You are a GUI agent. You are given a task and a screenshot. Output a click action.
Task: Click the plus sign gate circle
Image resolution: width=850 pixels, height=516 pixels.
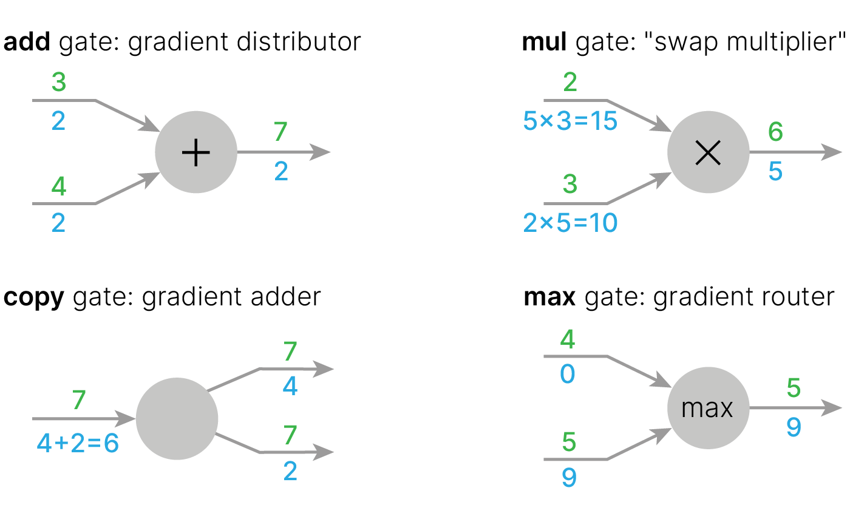[195, 152]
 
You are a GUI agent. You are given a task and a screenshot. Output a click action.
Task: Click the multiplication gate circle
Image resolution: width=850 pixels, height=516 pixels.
[708, 152]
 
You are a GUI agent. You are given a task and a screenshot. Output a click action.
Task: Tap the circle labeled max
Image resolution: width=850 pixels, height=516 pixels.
[708, 409]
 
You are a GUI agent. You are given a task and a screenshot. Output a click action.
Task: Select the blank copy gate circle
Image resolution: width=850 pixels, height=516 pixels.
[177, 418]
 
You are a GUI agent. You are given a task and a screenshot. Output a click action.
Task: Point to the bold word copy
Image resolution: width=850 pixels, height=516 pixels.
[34, 297]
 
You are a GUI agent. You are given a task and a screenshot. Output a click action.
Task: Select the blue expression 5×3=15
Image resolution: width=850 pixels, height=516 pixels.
[570, 121]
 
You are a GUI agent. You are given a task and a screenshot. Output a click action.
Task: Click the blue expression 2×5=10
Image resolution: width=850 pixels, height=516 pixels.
[570, 224]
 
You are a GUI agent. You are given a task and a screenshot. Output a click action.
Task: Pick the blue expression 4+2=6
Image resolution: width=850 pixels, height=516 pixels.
[78, 444]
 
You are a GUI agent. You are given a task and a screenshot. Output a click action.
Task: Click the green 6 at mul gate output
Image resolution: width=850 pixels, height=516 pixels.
[775, 132]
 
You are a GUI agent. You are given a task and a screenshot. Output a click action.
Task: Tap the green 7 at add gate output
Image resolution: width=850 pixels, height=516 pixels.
[280, 132]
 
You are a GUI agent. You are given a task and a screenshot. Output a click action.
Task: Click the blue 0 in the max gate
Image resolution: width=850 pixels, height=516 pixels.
[568, 375]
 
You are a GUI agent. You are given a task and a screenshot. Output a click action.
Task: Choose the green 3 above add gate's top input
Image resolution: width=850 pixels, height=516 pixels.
[58, 83]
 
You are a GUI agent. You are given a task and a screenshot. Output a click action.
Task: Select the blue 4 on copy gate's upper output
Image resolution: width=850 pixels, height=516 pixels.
[290, 387]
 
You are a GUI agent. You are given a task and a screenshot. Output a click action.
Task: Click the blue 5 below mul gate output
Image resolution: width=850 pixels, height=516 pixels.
[775, 172]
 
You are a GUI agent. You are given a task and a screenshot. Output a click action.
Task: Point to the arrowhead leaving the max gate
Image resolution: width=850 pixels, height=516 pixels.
[832, 409]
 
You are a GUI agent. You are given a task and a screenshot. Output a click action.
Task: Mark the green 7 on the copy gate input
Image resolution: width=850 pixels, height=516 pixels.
[79, 401]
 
